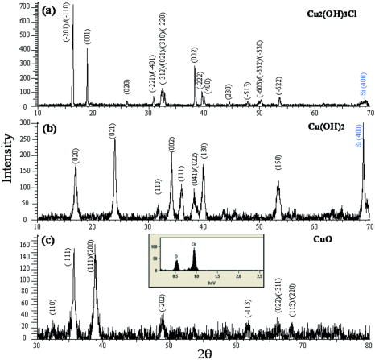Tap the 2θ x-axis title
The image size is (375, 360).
tap(203, 352)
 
